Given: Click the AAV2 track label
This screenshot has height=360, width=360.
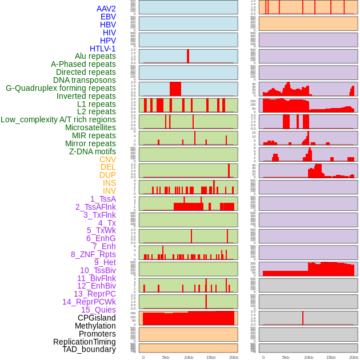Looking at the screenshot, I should click(106, 9).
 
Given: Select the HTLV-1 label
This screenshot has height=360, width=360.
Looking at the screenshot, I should click(103, 49).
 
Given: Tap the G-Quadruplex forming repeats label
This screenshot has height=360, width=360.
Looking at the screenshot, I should click(61, 88).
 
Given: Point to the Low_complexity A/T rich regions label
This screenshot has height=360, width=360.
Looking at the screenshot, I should click(58, 119).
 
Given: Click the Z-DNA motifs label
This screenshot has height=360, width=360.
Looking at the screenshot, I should click(93, 151).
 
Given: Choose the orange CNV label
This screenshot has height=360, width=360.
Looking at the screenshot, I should click(107, 159).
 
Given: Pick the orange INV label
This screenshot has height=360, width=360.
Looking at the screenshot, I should click(109, 191).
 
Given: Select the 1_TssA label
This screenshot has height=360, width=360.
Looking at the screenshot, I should click(103, 199).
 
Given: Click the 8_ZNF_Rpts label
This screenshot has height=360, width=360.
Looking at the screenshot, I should click(93, 254).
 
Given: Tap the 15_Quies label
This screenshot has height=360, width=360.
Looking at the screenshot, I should click(98, 310).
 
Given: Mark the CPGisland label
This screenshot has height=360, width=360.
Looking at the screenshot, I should click(97, 318).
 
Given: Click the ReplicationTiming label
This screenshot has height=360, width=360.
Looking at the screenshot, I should click(84, 342).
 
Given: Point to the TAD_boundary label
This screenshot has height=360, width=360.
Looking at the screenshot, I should click(89, 349).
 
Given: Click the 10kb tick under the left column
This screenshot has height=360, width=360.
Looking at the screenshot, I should click(188, 357).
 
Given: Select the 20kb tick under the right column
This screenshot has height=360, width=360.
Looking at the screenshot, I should click(353, 357).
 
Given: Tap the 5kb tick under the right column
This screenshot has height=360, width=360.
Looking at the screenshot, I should click(286, 357).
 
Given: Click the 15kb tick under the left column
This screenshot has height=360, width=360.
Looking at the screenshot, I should click(210, 357).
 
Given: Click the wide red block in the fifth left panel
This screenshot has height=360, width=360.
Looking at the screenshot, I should click(175, 89).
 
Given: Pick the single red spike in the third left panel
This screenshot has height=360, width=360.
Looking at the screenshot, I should click(187, 56).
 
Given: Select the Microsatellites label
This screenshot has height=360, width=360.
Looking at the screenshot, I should click(90, 127).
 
